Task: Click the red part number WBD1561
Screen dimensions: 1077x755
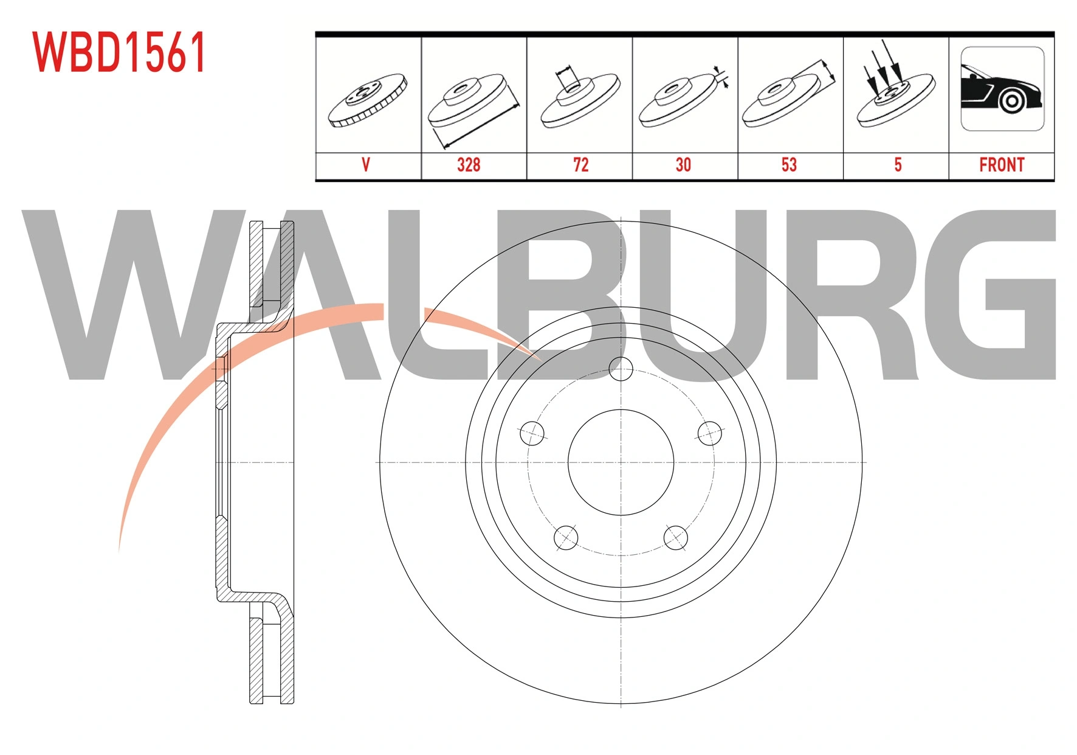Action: pos(120,52)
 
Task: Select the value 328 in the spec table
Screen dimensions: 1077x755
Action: pos(469,165)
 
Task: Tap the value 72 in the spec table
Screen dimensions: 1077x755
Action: pos(580,165)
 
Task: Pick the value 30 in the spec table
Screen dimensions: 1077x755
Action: pos(683,165)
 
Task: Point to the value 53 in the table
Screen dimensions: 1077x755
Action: pos(789,165)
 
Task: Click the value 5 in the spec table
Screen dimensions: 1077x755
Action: pos(898,165)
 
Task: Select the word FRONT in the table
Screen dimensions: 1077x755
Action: pos(1002,165)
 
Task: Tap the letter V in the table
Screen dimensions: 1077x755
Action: pos(365,165)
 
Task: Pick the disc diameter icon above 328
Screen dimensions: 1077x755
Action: pos(473,110)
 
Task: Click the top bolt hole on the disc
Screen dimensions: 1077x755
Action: pos(621,369)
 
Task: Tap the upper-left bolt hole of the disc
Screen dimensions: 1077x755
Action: pos(532,433)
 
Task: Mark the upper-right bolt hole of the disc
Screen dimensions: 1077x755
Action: pos(709,433)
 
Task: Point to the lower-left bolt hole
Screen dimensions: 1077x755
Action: pos(566,537)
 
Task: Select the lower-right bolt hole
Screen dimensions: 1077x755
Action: pos(675,537)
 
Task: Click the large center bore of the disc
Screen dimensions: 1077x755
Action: pos(621,462)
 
